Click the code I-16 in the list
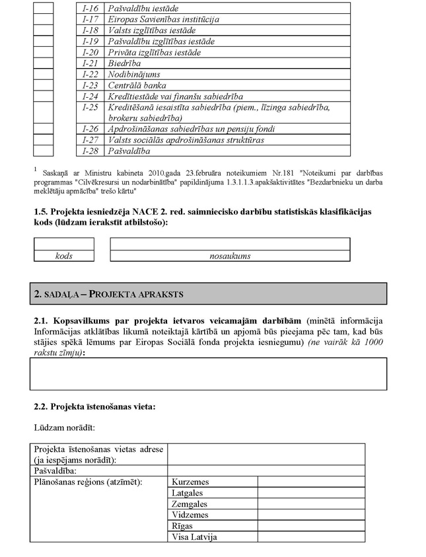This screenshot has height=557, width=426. point(90,8)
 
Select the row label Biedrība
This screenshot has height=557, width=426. point(123,63)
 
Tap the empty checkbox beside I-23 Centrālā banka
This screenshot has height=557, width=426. point(44,85)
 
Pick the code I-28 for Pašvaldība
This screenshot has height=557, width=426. point(90,151)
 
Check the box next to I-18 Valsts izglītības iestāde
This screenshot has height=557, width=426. point(44,30)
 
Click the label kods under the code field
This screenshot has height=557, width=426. point(64,256)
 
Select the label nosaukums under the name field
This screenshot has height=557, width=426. point(230,256)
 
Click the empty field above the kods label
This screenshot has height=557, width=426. point(64,244)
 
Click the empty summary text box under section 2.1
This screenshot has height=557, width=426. point(209,374)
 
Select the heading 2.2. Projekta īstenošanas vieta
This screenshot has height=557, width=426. point(94,406)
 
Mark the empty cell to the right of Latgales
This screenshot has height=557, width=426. point(310,493)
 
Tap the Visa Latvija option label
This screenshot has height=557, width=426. point(194,537)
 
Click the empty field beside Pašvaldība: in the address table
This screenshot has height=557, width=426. point(266,471)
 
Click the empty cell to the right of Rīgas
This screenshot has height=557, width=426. point(310,526)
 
